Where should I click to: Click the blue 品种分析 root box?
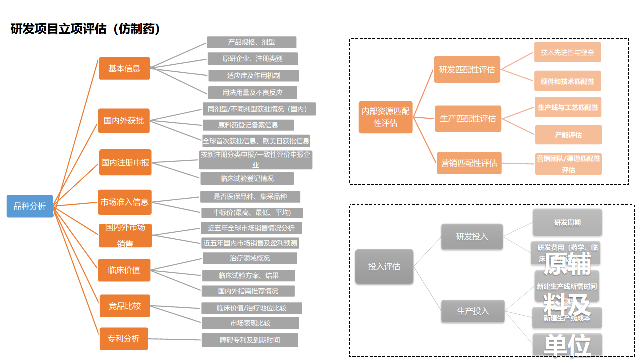click(x=30, y=206)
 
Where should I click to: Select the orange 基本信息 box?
click(x=124, y=68)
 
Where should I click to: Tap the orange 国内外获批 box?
click(x=124, y=120)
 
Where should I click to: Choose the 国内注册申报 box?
click(x=125, y=162)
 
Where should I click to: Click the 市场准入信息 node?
click(x=125, y=202)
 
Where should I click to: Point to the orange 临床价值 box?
click(x=124, y=270)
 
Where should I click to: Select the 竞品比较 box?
click(x=125, y=306)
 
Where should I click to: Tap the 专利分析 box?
click(x=124, y=338)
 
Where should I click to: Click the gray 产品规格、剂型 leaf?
click(x=252, y=42)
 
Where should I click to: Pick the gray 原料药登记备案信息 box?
click(x=248, y=125)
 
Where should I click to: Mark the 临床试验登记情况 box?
click(x=247, y=178)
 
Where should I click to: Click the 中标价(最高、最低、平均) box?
click(x=252, y=212)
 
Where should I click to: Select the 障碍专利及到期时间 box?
click(x=250, y=340)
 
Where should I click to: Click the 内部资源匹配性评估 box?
click(x=385, y=117)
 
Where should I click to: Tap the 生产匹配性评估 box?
click(x=468, y=118)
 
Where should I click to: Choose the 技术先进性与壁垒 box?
click(x=567, y=52)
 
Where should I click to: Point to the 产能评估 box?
click(x=568, y=135)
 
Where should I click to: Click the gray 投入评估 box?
click(x=384, y=266)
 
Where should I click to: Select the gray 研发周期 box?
click(x=567, y=222)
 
